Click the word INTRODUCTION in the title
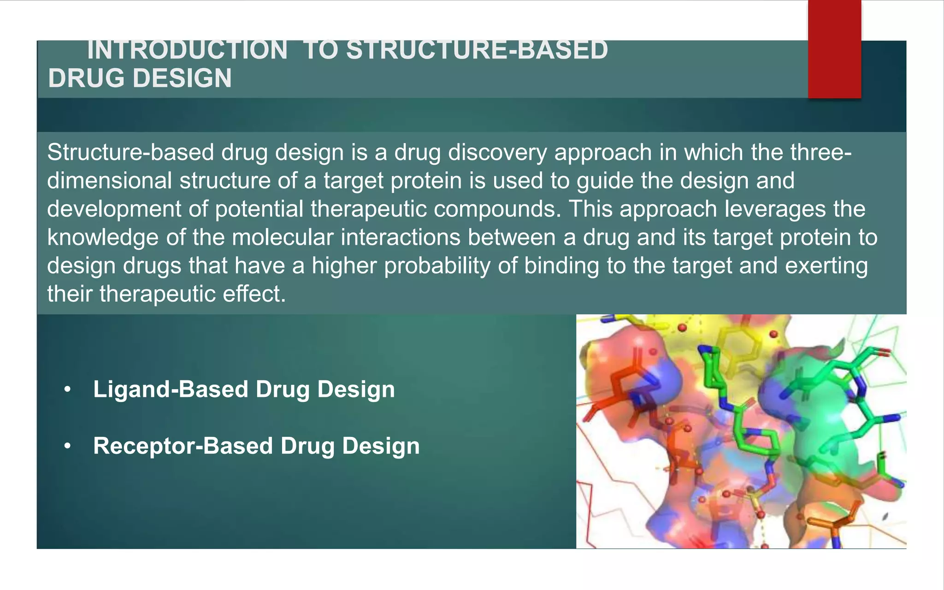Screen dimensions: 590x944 pos(187,51)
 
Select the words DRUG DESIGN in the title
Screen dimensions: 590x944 pos(140,78)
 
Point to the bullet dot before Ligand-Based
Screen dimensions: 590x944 pos(68,390)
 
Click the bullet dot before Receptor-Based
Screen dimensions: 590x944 pos(68,446)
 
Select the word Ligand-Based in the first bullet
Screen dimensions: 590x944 pos(171,389)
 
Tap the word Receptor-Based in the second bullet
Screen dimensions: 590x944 pos(183,446)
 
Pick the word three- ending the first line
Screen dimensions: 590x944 pos(820,153)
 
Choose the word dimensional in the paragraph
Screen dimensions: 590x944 pos(109,181)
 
